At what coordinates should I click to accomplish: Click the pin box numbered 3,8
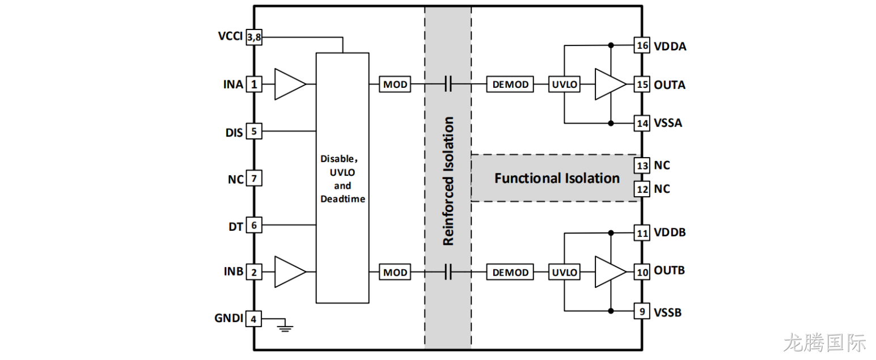click(x=254, y=37)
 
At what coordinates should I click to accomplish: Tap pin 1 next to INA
click(x=254, y=84)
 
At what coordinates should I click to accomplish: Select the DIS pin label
click(x=234, y=133)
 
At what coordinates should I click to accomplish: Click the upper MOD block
click(x=395, y=84)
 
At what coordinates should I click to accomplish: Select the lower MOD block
click(x=395, y=272)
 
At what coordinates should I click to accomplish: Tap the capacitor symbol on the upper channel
click(x=448, y=84)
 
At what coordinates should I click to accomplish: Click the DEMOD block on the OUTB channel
click(x=510, y=272)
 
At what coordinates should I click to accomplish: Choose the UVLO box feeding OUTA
click(x=564, y=84)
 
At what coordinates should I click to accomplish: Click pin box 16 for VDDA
click(x=642, y=45)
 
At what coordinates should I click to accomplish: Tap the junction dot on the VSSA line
click(x=611, y=124)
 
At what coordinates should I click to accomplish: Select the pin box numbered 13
click(x=642, y=166)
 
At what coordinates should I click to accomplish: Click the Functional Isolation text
click(x=557, y=178)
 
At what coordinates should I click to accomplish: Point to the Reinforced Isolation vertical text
click(x=448, y=181)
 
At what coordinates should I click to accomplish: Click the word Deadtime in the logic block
click(x=342, y=199)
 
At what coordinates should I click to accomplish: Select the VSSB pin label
click(x=667, y=313)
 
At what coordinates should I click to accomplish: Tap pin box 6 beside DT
click(x=254, y=225)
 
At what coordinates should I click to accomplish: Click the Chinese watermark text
click(x=824, y=343)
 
